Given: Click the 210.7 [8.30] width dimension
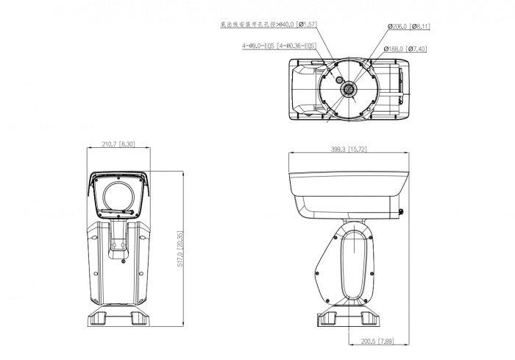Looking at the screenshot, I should (118, 144).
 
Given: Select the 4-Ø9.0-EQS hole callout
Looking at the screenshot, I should (280, 45).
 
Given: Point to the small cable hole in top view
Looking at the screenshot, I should (338, 78).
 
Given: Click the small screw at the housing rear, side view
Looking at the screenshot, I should (400, 213).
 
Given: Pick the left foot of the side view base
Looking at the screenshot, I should (328, 318).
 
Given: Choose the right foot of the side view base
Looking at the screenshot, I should (367, 318).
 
